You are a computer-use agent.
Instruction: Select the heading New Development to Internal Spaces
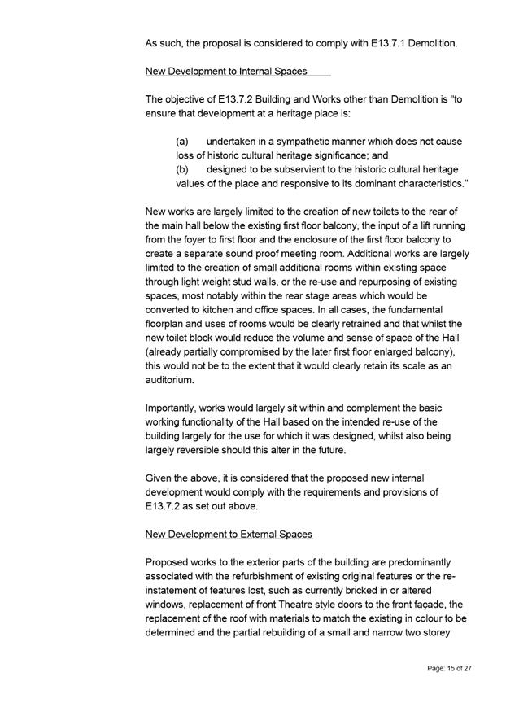coord(225,72)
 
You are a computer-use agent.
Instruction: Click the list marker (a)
coord(183,142)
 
